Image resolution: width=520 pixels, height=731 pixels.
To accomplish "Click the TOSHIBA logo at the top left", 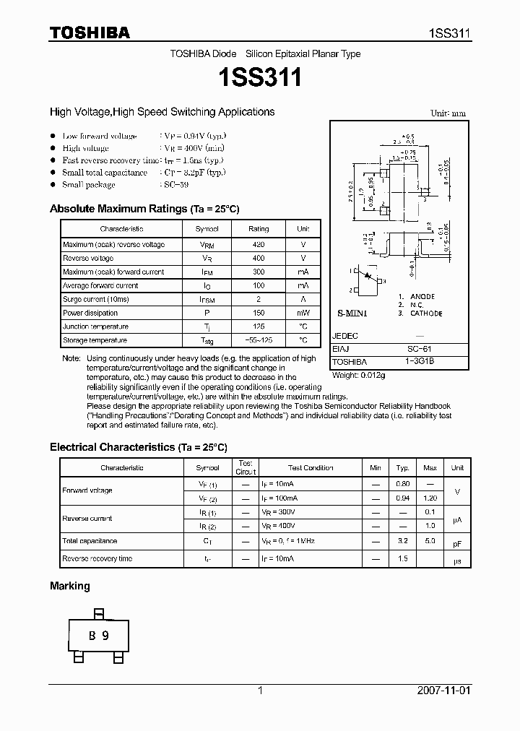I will click(90, 33).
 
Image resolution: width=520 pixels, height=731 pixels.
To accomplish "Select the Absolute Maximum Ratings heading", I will click(144, 209).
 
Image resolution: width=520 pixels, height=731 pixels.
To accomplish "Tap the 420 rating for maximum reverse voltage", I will click(258, 245).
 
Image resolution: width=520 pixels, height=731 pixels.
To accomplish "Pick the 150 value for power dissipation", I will click(258, 313).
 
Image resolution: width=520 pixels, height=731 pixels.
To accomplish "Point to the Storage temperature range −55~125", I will click(258, 340).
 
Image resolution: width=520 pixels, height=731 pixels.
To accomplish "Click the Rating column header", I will click(258, 229).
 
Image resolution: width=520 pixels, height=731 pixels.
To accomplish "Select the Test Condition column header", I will click(311, 468).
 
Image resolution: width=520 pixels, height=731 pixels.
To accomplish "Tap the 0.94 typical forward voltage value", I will click(403, 498).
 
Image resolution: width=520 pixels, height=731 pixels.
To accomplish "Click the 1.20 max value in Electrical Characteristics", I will click(430, 498).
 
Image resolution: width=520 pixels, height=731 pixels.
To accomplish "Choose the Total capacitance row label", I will click(90, 541).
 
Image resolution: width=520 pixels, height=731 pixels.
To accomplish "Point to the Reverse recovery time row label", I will click(97, 558).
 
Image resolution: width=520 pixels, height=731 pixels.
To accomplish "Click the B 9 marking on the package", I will click(98, 636).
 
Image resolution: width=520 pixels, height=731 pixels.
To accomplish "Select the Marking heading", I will click(70, 586).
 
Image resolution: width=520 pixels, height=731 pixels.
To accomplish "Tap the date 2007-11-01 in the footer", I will click(443, 691).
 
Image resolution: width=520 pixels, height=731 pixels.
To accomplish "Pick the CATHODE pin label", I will click(427, 313).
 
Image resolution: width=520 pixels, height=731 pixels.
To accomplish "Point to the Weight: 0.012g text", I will click(358, 375).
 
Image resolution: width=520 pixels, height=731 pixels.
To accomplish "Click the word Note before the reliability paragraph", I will click(70, 358).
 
